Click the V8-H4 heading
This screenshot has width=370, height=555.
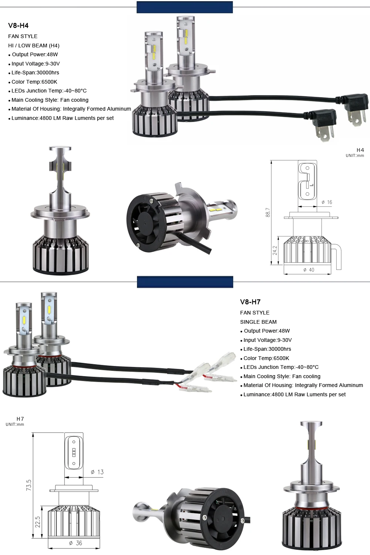(x=18, y=26)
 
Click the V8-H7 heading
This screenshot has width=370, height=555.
(x=250, y=302)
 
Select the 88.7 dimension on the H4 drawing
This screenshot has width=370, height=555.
(x=268, y=213)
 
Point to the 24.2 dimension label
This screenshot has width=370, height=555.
(x=275, y=250)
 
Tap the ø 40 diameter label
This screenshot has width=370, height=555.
(x=309, y=270)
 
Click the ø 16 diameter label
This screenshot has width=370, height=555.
(x=327, y=202)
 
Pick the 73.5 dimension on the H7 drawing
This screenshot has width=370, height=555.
(x=29, y=485)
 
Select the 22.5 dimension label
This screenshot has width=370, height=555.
(x=37, y=522)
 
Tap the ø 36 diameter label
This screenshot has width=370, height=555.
(x=75, y=543)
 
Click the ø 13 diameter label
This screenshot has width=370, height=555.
(x=97, y=472)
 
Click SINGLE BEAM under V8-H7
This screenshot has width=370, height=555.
(x=258, y=322)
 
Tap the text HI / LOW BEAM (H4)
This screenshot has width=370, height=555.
(x=34, y=46)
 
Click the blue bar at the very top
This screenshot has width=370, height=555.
(x=185, y=7)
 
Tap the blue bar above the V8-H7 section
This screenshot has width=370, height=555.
(x=185, y=282)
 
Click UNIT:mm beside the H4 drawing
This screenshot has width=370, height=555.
(x=355, y=156)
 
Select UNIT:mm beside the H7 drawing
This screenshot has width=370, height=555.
(x=15, y=424)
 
